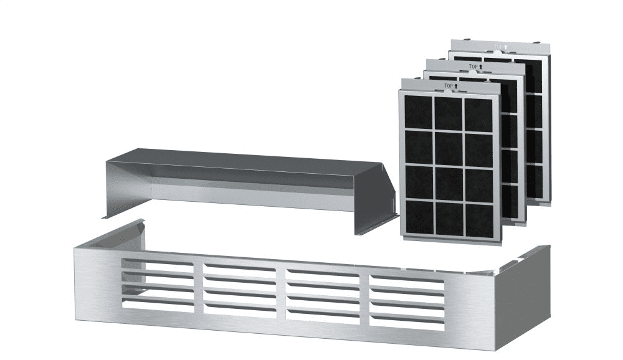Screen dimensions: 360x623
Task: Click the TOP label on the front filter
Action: (x=449, y=86)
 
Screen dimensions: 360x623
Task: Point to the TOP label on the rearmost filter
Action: (x=498, y=47)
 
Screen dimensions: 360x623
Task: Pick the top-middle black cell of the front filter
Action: (x=448, y=114)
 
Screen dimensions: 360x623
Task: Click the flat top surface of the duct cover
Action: (x=249, y=161)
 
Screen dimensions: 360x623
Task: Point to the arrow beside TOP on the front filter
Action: (x=456, y=86)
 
